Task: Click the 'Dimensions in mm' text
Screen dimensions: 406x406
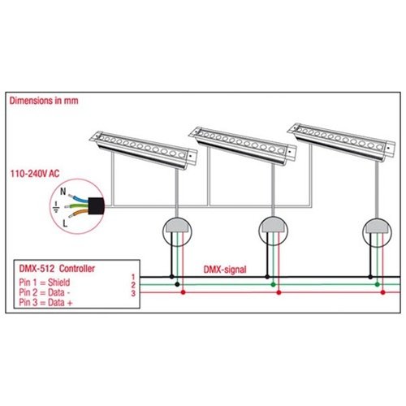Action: [44, 101]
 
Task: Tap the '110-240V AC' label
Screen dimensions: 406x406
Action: [35, 174]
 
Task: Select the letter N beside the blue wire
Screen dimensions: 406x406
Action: [63, 192]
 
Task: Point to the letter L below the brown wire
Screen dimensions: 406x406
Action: [65, 223]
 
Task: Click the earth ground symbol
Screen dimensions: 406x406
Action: [56, 206]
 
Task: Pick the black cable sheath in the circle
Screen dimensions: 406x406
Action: [96, 205]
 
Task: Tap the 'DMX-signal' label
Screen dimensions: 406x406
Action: [225, 270]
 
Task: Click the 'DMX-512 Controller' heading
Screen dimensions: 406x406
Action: [57, 269]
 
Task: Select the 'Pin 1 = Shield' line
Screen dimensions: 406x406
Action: [45, 283]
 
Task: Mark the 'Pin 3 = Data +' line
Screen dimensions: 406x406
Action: [45, 302]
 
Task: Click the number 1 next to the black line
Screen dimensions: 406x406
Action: [133, 277]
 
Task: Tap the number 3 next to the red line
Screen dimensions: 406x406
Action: [133, 293]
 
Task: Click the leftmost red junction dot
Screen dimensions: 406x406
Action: [183, 292]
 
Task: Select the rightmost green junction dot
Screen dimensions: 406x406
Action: [377, 284]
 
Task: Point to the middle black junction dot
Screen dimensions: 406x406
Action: [267, 277]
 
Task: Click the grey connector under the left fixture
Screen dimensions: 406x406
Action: [177, 225]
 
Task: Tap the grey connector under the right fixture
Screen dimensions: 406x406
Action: [377, 226]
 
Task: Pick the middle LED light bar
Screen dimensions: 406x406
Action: [243, 145]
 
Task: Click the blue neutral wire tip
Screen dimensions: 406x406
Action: [71, 196]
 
